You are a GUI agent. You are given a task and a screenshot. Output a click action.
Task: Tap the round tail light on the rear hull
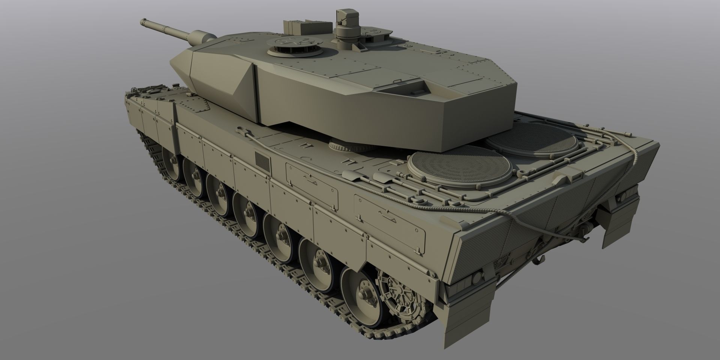point(477,278)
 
